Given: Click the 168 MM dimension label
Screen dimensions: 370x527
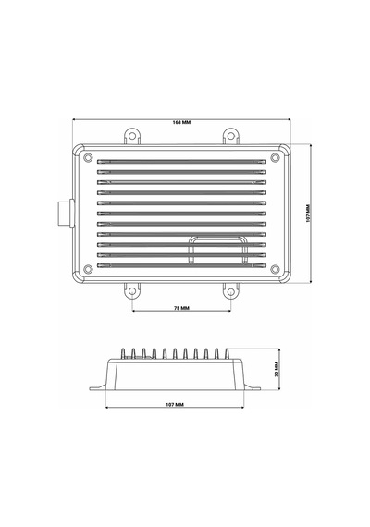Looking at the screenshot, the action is pos(181,122).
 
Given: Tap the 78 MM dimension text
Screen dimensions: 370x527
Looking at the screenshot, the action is pos(181,308).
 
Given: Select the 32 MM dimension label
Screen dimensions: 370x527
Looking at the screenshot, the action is pos(277,369).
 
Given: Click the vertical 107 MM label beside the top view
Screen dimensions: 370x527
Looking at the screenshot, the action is pos(308,213).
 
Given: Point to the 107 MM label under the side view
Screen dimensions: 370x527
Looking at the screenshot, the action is pos(175,405).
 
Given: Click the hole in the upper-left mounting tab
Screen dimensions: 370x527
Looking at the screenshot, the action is pos(132,136).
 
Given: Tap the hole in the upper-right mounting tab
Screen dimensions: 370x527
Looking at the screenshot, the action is pos(230,136).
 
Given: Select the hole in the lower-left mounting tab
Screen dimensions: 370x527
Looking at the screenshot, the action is pos(132,291).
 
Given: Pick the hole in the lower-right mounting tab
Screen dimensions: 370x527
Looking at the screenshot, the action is pos(230,291).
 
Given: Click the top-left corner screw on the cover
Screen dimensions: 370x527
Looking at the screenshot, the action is pos(88,157).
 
